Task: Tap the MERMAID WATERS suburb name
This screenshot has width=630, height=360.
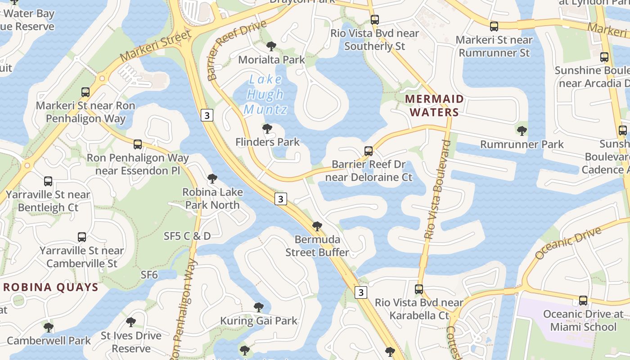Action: pyautogui.click(x=434, y=106)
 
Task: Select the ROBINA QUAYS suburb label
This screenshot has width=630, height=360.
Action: pyautogui.click(x=50, y=287)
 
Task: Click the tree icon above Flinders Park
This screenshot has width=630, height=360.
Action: pyautogui.click(x=267, y=129)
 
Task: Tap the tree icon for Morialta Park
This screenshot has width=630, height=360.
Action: pyautogui.click(x=271, y=46)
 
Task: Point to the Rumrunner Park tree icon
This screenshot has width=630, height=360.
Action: pyautogui.click(x=522, y=131)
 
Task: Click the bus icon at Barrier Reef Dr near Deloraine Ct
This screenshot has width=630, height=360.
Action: pyautogui.click(x=369, y=151)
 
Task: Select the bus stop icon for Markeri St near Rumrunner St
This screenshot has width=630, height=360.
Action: pyautogui.click(x=494, y=27)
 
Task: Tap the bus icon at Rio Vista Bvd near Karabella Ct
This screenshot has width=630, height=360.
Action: pyautogui.click(x=419, y=289)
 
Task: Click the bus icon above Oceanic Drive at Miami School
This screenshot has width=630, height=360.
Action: pyautogui.click(x=583, y=300)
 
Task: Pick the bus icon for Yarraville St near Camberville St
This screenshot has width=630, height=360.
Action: pyautogui.click(x=81, y=237)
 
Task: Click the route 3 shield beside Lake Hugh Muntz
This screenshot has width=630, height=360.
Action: pyautogui.click(x=207, y=115)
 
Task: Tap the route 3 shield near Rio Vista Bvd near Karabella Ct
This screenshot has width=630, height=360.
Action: pyautogui.click(x=360, y=292)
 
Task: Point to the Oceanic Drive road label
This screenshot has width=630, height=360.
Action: pyautogui.click(x=568, y=243)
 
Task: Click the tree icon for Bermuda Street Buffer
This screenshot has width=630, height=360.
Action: pyautogui.click(x=317, y=226)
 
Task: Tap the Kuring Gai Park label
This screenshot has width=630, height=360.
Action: pyautogui.click(x=258, y=321)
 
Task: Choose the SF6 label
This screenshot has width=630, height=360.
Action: pyautogui.click(x=149, y=274)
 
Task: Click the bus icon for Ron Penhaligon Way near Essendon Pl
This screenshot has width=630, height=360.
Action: pyautogui.click(x=138, y=144)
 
